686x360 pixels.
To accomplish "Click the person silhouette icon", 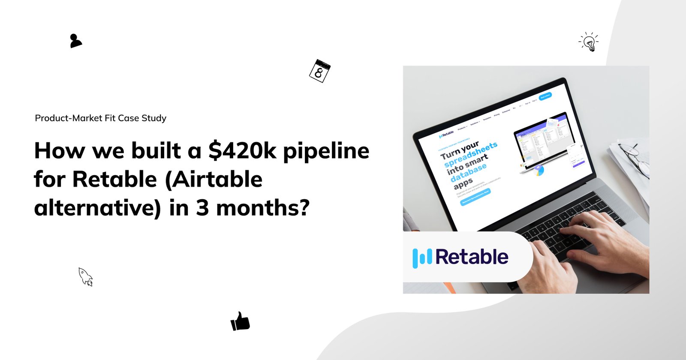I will (x=75, y=41).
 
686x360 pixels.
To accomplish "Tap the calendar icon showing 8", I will (x=320, y=71).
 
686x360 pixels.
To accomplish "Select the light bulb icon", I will (x=589, y=42).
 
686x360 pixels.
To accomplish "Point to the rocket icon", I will (x=85, y=276).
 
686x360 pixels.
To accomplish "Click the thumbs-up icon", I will (x=240, y=321).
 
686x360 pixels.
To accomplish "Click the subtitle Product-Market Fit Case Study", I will (x=100, y=118).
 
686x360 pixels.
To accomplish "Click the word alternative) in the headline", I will (x=97, y=208).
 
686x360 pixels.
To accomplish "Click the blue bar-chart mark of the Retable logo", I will (x=422, y=257).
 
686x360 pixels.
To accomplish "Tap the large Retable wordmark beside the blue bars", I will (x=472, y=257).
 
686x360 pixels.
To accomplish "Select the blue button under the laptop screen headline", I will (x=475, y=197).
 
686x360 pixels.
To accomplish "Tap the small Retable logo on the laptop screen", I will (x=446, y=134).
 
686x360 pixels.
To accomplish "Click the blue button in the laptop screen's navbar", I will (x=545, y=96).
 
